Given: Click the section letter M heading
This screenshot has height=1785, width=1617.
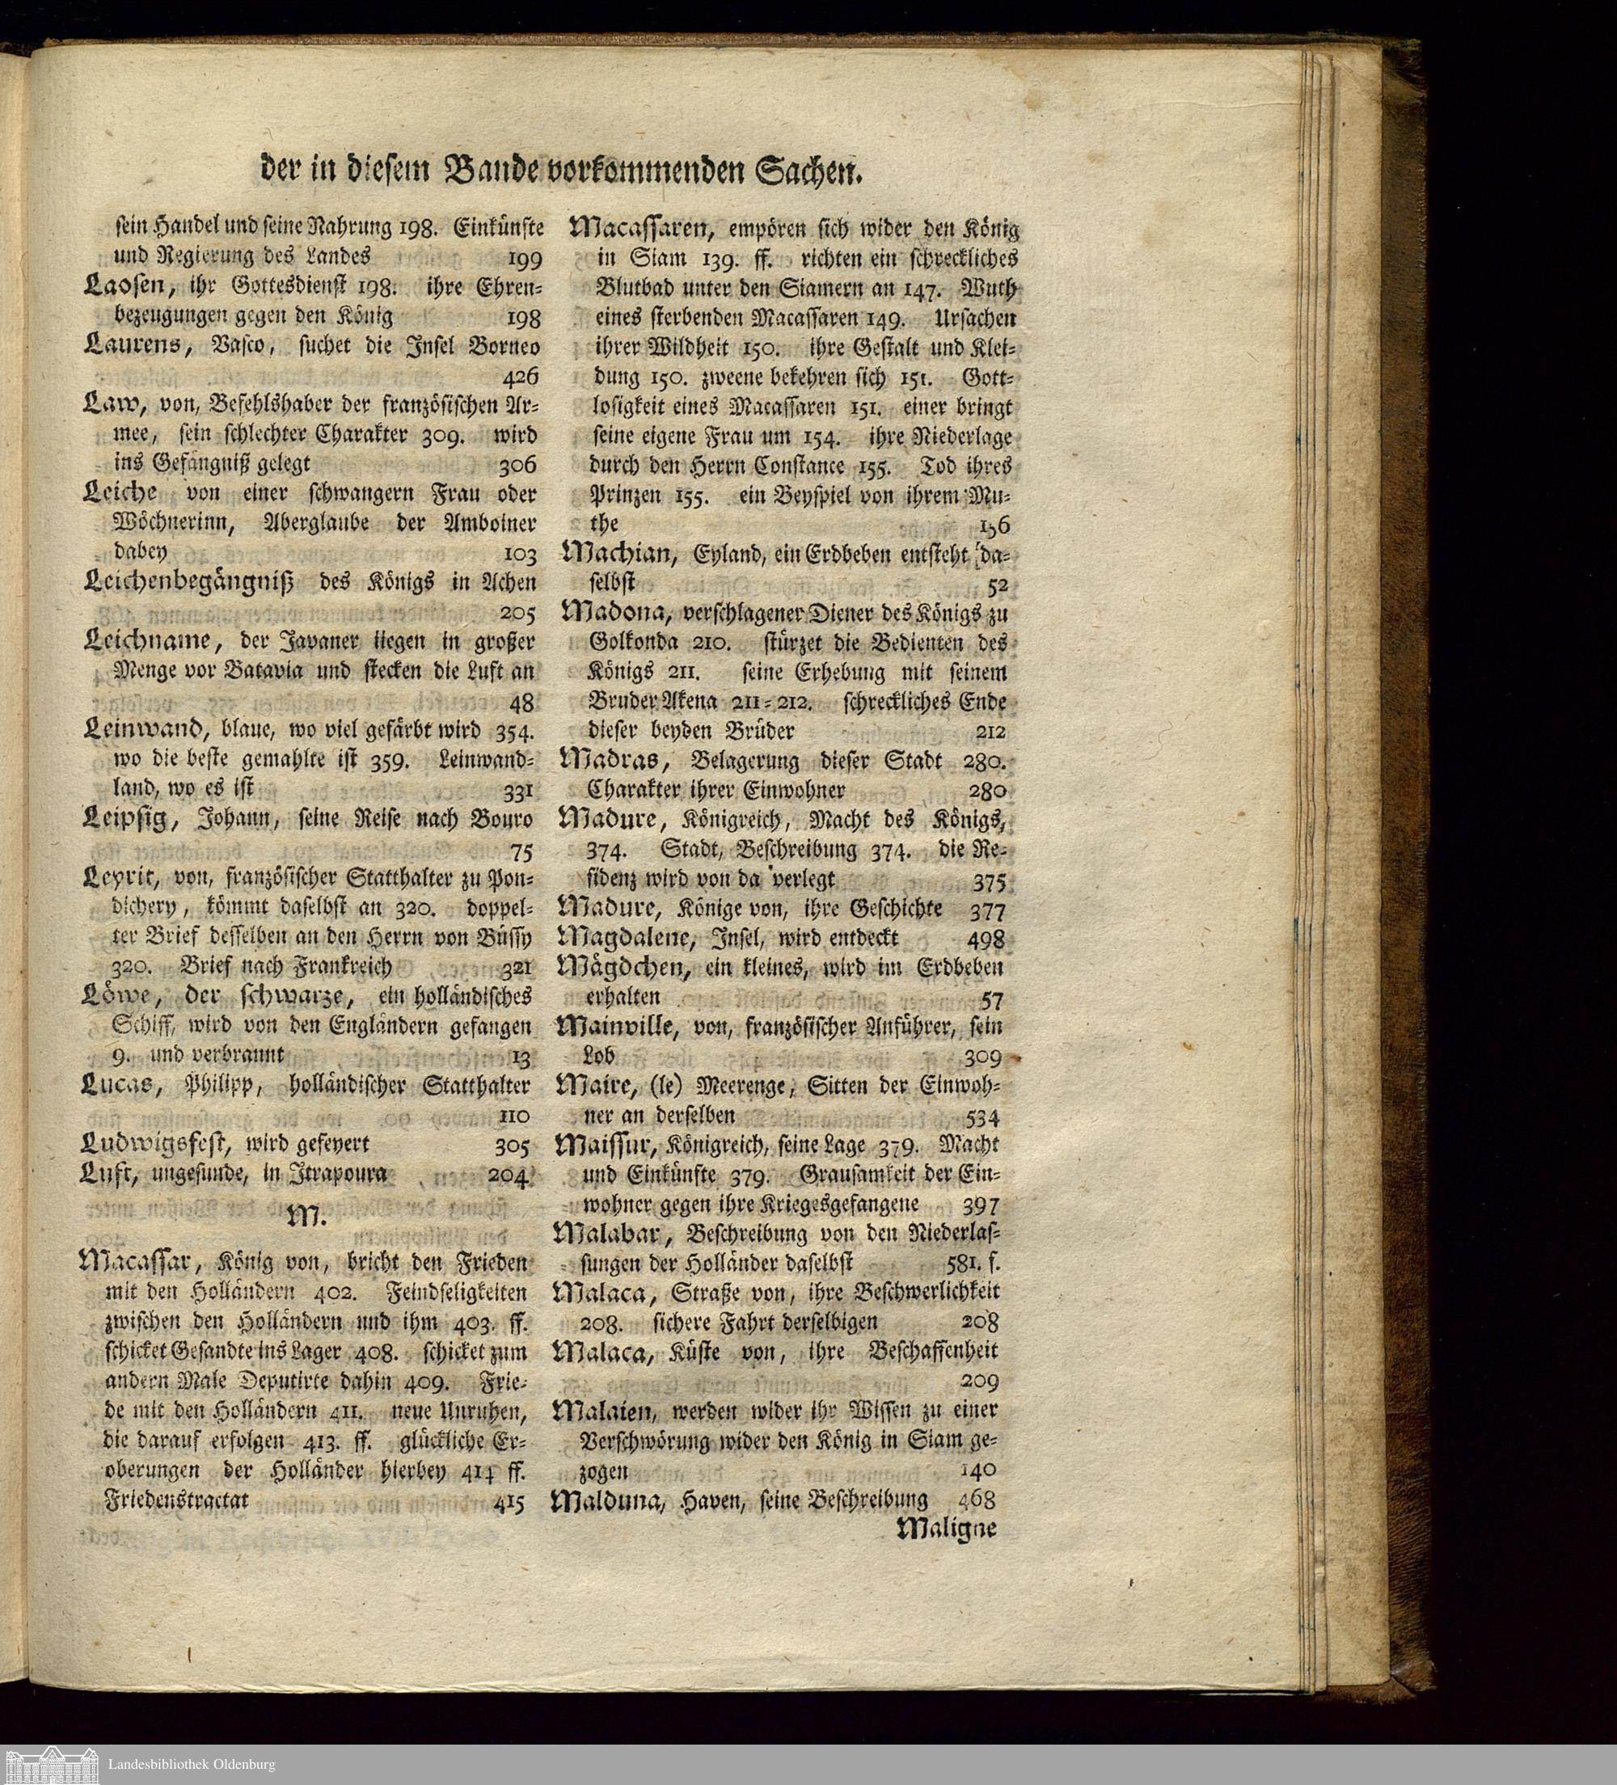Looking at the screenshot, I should tap(307, 1218).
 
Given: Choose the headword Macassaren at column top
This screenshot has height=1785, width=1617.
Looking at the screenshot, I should tap(642, 230).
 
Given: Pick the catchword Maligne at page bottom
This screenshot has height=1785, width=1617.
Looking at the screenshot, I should tap(947, 1528).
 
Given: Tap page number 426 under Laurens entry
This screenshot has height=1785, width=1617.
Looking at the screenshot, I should tap(520, 378).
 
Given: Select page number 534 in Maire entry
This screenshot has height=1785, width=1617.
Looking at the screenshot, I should tap(982, 1116).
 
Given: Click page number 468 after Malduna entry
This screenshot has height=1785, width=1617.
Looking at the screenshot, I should tap(977, 1500).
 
